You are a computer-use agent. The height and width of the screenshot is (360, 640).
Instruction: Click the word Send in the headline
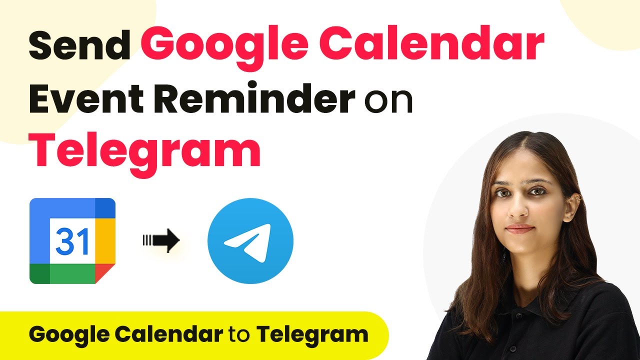(x=79, y=45)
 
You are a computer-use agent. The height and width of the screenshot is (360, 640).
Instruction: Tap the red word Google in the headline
(x=224, y=47)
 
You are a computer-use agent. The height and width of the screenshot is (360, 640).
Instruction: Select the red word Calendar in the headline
(x=431, y=42)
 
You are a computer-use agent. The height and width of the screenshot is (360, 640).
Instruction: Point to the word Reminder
(x=254, y=97)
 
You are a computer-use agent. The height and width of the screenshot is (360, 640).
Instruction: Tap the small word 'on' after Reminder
(x=388, y=101)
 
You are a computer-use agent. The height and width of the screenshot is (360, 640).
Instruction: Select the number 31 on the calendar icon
(x=72, y=241)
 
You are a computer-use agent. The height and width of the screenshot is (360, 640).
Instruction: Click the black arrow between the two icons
(x=161, y=240)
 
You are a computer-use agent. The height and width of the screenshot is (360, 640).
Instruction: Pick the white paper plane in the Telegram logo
(x=247, y=243)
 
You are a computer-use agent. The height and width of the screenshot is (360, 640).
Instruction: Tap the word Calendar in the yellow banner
(x=169, y=333)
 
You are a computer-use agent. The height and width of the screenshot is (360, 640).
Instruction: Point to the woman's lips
(x=519, y=229)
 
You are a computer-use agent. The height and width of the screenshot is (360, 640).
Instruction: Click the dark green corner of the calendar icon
(x=39, y=273)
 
